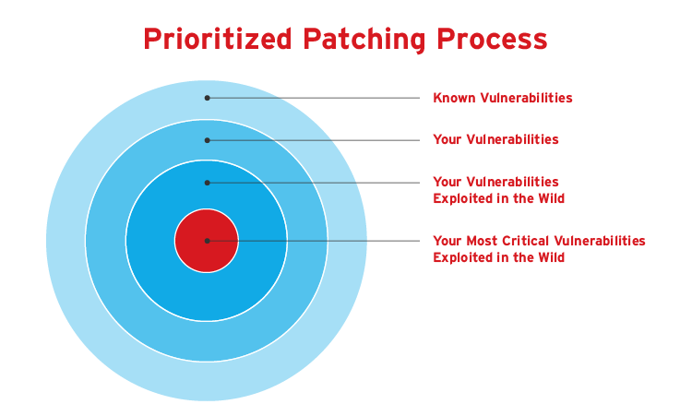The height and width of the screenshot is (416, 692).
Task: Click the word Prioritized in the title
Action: coord(218,40)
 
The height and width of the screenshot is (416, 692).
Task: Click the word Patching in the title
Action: coord(364,41)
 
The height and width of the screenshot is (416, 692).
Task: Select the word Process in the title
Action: coord(493,40)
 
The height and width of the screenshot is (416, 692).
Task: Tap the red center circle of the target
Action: coord(207,241)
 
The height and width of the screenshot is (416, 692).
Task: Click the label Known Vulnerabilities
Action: coord(503,98)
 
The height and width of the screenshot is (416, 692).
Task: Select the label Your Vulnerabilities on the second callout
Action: coord(496,139)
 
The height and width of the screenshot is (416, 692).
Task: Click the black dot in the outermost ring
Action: coord(207,98)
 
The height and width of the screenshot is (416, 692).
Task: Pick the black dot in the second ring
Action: coord(207,140)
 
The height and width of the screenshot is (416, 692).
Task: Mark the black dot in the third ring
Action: coord(207,183)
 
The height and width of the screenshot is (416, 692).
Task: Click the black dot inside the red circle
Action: coord(207,241)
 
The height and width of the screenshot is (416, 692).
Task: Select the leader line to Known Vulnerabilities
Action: coord(314,98)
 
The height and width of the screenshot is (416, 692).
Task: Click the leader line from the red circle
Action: coord(314,241)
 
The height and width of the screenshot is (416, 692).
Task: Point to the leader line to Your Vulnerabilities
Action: coord(314,140)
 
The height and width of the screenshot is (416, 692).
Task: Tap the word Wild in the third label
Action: coord(551,198)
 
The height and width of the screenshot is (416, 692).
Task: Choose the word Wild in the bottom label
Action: coord(551,257)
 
